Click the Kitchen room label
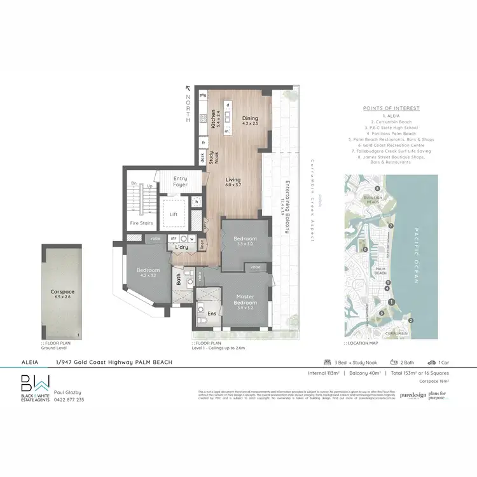click(x=214, y=121)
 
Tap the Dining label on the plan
click(x=251, y=119)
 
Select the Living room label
click(x=233, y=180)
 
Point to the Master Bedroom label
click(x=245, y=298)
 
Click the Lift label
click(x=173, y=214)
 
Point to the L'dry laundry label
click(x=181, y=247)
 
